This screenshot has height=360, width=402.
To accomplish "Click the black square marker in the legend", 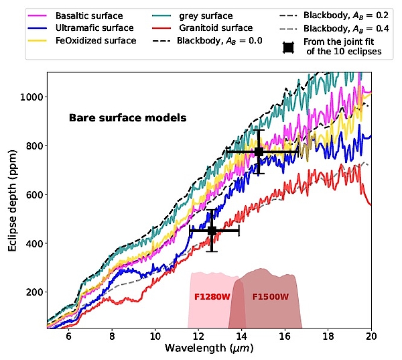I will tap(288, 48).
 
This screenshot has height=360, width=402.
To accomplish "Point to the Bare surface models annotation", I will tap(127, 118).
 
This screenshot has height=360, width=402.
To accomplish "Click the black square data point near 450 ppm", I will tap(212, 231).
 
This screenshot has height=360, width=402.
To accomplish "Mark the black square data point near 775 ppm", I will tap(259, 152).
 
